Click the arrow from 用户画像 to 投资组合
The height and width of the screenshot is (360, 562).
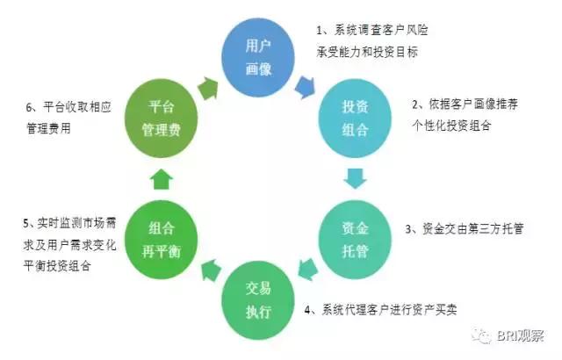pos(306,86)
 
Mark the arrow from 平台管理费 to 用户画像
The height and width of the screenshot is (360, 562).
pos(207,85)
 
